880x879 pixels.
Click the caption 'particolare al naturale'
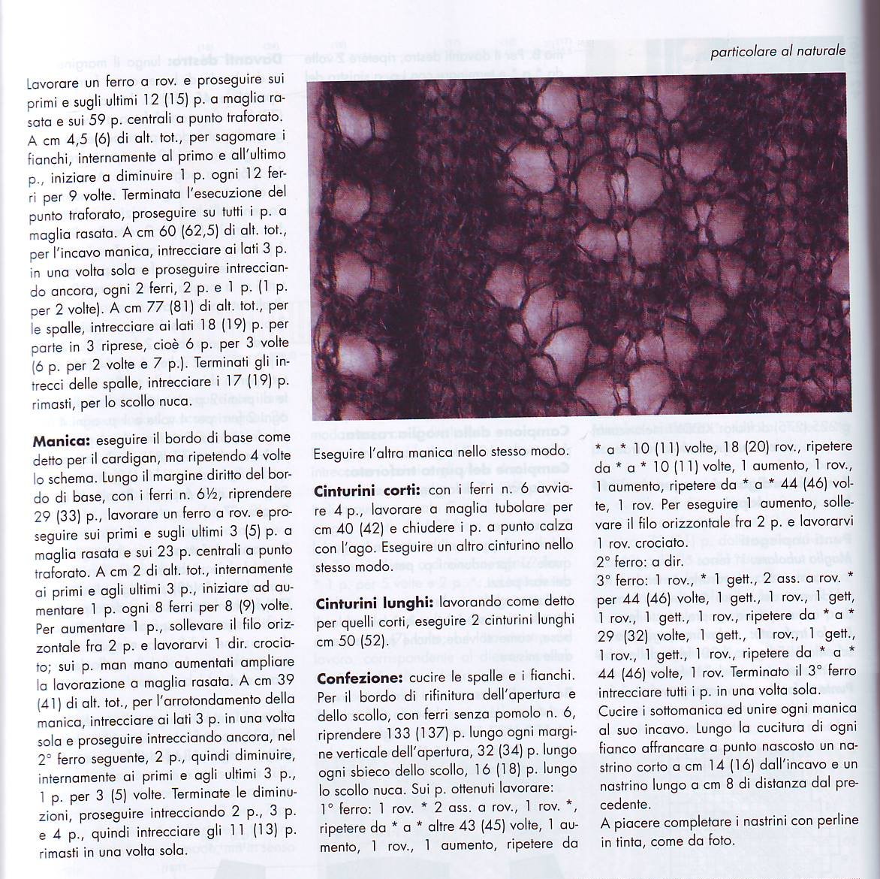pyautogui.click(x=778, y=51)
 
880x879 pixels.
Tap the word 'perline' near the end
pyautogui.click(x=835, y=820)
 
